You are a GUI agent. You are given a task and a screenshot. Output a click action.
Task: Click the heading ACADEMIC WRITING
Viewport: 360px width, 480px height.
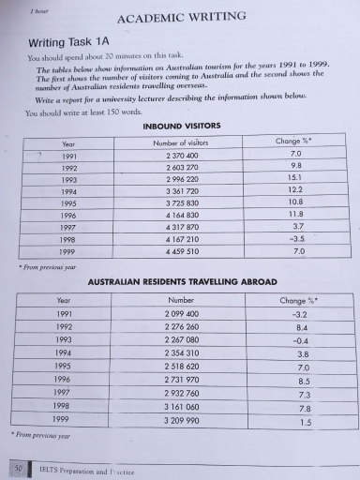(x=182, y=16)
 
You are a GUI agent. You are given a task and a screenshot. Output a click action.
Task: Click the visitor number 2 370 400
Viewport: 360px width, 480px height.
(x=181, y=156)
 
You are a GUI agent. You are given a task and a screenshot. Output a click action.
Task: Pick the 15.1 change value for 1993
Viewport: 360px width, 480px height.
(x=296, y=176)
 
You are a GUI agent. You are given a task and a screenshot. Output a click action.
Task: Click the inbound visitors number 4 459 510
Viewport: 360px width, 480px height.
(x=181, y=252)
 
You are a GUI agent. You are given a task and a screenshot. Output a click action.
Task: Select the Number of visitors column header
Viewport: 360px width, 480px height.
(x=181, y=142)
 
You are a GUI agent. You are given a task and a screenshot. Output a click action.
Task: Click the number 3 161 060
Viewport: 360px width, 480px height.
(x=182, y=408)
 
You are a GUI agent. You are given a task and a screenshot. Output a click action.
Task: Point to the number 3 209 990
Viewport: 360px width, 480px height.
(x=182, y=422)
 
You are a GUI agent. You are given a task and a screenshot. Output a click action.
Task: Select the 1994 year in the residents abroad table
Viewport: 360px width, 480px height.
(x=64, y=353)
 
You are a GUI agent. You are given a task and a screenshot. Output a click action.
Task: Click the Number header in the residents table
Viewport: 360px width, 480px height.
(x=181, y=300)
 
